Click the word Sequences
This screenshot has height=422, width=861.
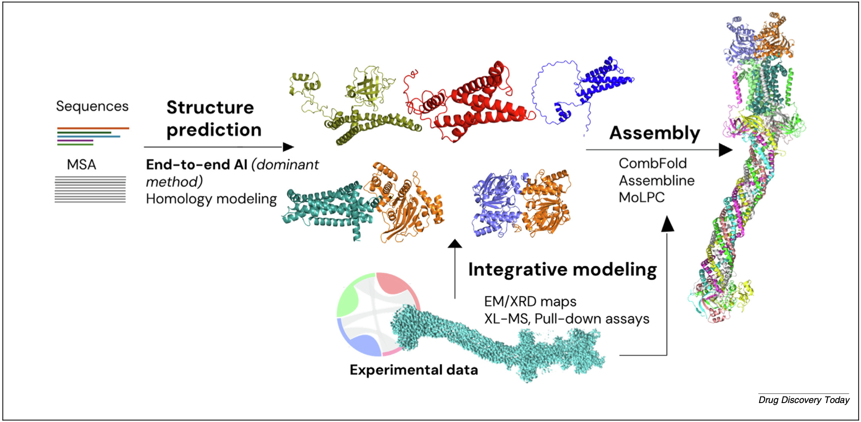92,107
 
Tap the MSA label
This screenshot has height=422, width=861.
81,164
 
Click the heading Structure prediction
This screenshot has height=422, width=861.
214,118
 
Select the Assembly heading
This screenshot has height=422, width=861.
655,133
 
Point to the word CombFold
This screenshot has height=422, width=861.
652,163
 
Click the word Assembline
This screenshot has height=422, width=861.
656,180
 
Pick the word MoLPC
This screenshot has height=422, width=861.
641,197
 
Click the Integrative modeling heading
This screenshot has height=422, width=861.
562,270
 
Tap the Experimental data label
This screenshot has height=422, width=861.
414,370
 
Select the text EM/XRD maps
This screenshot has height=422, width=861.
530,301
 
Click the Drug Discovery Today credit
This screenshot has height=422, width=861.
804,400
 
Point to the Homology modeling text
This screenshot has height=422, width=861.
211,199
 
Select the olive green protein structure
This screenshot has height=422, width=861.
352,106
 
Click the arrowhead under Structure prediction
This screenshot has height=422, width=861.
288,147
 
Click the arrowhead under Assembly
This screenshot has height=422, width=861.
725,150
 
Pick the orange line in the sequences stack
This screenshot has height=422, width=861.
93,128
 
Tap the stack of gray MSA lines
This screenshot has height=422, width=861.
90,190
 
